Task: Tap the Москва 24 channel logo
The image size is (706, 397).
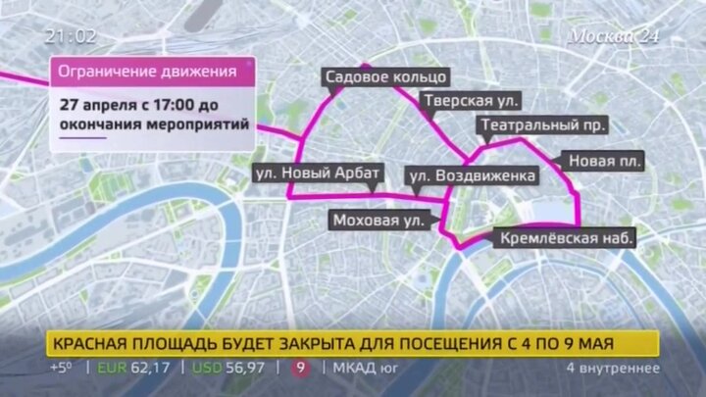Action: click(615, 36)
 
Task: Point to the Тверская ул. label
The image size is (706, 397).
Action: click(471, 101)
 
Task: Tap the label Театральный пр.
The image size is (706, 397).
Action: click(542, 125)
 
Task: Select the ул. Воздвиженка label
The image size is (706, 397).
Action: click(472, 176)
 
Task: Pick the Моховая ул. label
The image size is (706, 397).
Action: click(378, 221)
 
